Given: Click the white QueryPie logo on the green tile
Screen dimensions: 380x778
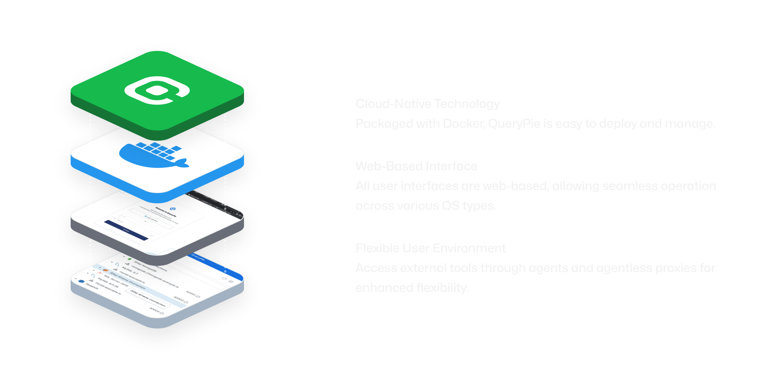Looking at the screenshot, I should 157,90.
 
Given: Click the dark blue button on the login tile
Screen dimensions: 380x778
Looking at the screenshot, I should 126,230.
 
